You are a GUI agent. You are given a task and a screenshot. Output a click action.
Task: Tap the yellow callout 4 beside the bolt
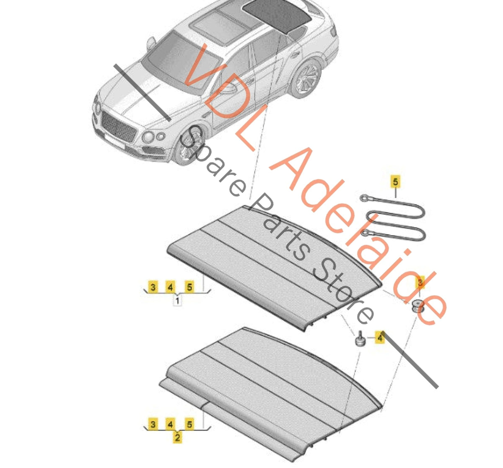(379, 337)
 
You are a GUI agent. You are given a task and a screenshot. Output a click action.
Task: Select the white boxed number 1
(177, 301)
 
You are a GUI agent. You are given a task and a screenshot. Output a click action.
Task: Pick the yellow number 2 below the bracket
(177, 437)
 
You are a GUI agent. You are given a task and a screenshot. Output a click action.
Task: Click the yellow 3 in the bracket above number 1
(153, 287)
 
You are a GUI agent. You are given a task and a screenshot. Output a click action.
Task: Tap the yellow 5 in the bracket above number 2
(189, 424)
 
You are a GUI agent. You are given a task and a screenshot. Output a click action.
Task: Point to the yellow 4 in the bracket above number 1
(170, 287)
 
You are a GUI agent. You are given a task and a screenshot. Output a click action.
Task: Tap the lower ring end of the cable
(365, 233)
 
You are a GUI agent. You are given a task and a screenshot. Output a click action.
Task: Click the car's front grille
(118, 127)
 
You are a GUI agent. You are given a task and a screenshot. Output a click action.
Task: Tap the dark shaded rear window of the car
(277, 15)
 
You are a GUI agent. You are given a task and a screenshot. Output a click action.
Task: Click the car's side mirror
(151, 43)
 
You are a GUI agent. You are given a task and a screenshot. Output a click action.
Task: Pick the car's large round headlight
(148, 137)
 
